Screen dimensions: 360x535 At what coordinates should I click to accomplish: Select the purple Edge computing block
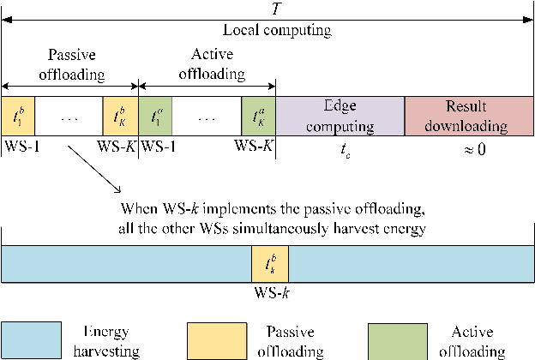(x=340, y=116)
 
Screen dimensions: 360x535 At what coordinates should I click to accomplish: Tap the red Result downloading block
(x=469, y=116)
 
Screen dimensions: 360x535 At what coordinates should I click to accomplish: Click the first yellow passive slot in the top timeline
(x=17, y=116)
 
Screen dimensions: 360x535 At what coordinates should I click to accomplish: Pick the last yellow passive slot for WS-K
(x=120, y=116)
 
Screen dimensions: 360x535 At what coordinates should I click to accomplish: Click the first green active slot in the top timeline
(x=155, y=116)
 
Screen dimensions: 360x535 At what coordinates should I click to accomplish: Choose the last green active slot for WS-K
(x=259, y=116)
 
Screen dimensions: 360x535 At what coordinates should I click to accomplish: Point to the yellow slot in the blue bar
(x=270, y=261)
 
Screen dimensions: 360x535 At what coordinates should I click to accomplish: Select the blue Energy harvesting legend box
(x=31, y=339)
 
